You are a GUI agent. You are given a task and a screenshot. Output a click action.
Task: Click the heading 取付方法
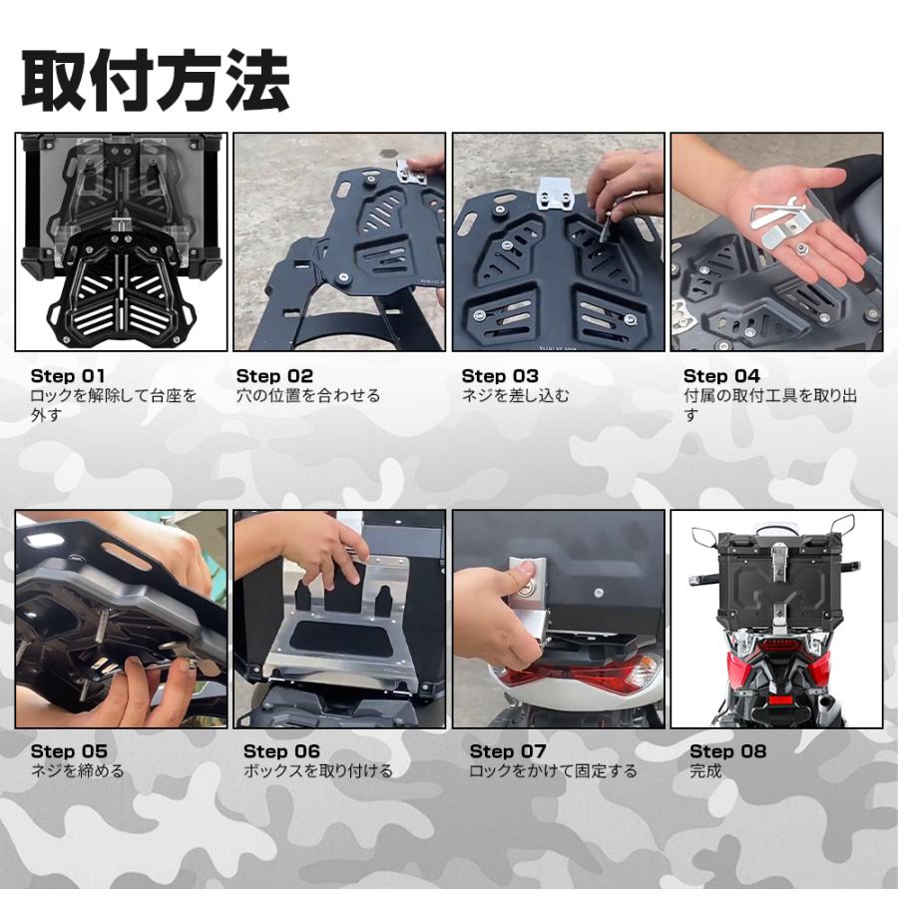point(156,81)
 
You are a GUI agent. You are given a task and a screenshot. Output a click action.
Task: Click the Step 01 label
point(67,376)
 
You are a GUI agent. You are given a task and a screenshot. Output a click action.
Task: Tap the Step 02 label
point(274,376)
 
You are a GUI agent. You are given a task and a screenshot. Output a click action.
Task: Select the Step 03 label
point(499,376)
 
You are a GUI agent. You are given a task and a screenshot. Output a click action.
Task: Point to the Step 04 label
point(721,376)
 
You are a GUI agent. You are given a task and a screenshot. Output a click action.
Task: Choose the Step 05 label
point(68,751)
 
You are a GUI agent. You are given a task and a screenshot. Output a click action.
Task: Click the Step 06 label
point(281,751)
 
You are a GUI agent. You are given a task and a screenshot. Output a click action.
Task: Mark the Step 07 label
point(508,751)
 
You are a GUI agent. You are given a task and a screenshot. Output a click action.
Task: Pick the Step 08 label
point(727,751)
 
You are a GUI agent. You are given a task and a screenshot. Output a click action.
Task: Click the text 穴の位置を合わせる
point(308,395)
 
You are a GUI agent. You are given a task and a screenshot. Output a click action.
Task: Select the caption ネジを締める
point(78,770)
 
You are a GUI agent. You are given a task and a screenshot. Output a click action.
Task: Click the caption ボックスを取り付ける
point(318,770)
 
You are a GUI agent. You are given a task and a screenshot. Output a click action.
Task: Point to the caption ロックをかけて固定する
point(553,770)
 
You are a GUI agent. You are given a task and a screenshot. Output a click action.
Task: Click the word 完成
point(705,770)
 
